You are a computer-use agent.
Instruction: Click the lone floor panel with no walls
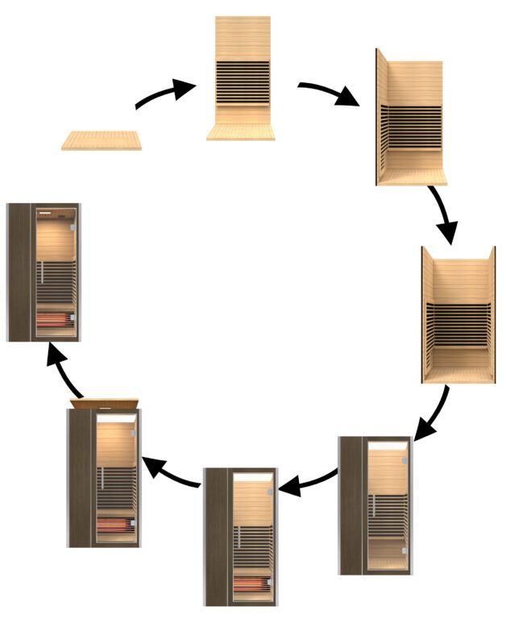tap(102, 140)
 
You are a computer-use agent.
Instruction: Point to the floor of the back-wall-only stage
tap(242, 131)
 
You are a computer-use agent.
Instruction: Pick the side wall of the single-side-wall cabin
tap(379, 117)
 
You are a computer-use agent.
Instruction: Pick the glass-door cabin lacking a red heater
tap(375, 505)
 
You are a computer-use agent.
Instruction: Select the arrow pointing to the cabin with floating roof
tap(172, 472)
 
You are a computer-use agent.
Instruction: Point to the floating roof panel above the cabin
tap(105, 402)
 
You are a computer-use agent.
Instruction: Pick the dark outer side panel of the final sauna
tap(19, 272)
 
